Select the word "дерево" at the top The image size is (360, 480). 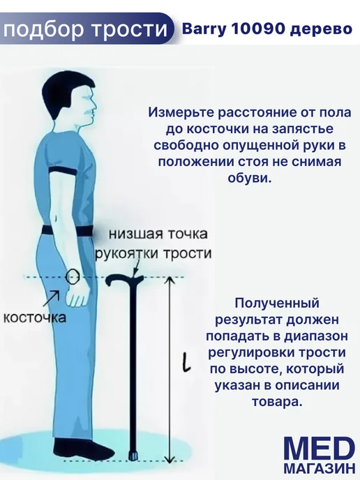click(x=321, y=29)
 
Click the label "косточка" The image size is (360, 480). click(x=34, y=317)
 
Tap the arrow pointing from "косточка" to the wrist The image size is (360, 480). click(x=52, y=298)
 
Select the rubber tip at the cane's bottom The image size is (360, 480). click(x=134, y=455)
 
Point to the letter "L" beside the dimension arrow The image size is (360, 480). click(x=186, y=363)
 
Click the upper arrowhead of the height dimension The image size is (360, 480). click(x=170, y=280)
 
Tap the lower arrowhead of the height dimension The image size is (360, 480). click(x=170, y=458)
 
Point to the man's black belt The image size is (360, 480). click(x=68, y=230)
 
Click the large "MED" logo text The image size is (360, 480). click(x=320, y=450)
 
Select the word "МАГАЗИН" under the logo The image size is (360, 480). click(x=320, y=470)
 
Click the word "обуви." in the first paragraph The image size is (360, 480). click(x=250, y=177)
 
